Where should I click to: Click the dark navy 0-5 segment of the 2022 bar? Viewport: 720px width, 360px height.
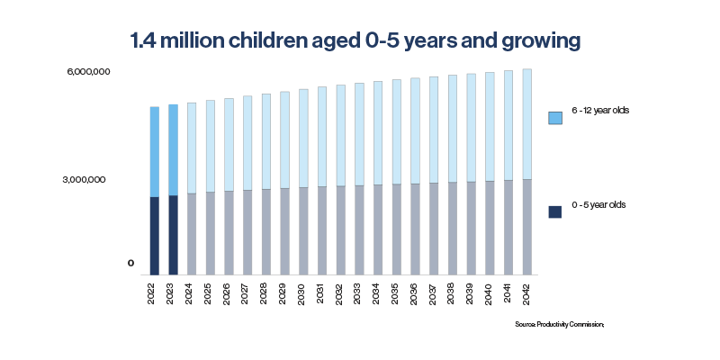(155, 235)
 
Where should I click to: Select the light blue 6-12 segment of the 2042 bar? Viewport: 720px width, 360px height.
(527, 124)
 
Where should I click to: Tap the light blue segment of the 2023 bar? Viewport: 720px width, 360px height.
(174, 149)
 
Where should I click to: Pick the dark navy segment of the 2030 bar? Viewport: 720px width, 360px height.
(303, 230)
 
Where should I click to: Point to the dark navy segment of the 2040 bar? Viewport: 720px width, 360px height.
(490, 227)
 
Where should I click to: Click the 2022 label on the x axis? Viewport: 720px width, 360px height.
(155, 292)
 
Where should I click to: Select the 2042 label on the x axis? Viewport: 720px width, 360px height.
(527, 292)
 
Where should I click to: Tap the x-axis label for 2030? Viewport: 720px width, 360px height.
(303, 292)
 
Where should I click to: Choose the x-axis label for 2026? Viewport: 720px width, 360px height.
(229, 292)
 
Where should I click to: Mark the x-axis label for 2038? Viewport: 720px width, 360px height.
(453, 292)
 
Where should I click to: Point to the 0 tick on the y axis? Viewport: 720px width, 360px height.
(130, 264)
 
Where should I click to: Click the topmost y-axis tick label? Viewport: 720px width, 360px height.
(88, 71)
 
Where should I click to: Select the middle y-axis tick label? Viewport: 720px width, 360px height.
(85, 180)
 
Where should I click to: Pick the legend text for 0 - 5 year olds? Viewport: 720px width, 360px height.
(599, 205)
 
